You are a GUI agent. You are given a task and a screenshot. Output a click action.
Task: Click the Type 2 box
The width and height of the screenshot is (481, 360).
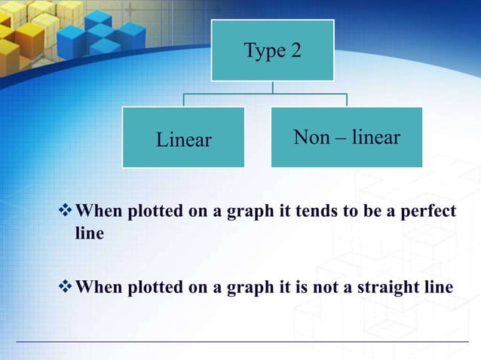pos(272,50)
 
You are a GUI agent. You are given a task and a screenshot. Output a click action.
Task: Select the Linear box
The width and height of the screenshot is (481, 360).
pos(183,137)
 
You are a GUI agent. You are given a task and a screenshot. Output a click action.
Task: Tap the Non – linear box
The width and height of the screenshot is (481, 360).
pos(346,137)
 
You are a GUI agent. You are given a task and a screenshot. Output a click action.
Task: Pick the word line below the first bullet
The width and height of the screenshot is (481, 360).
pos(90,233)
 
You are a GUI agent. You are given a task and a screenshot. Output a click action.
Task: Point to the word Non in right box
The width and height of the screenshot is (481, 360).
pos(311,138)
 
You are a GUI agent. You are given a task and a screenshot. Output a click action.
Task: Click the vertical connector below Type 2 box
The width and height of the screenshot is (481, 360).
pos(272,87)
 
